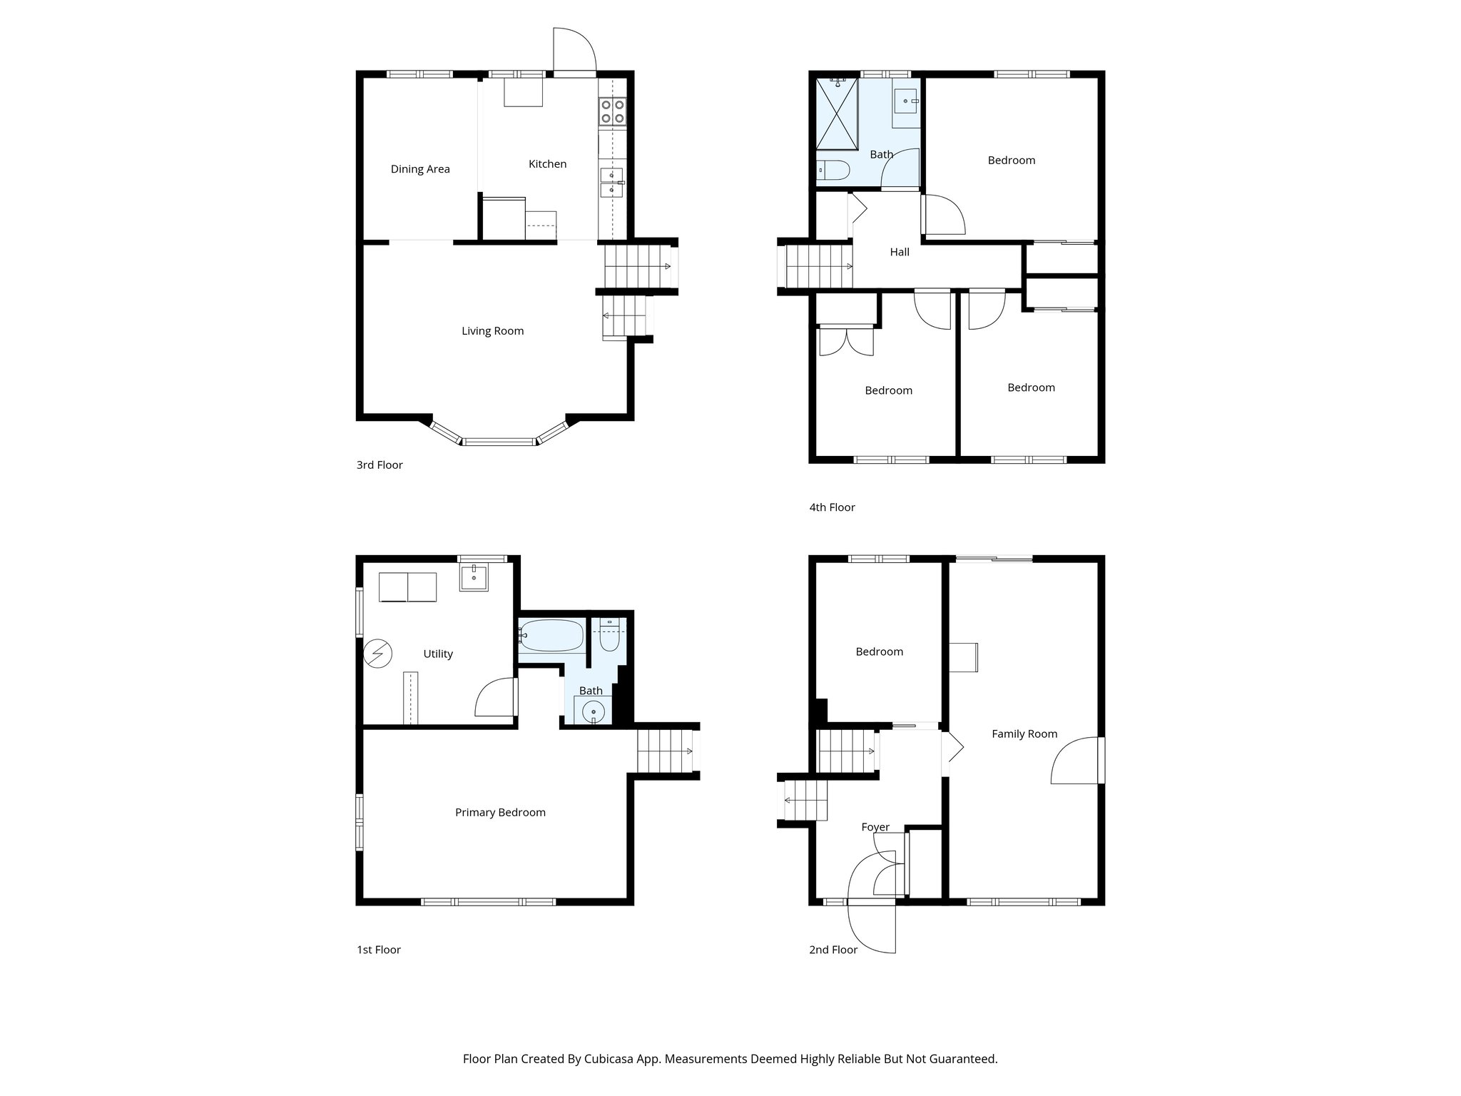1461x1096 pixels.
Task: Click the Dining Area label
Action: [x=420, y=169]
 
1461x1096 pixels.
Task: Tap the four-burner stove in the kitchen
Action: [x=613, y=112]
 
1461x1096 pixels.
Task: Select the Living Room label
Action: [x=492, y=331]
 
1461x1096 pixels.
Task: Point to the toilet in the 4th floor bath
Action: [x=833, y=171]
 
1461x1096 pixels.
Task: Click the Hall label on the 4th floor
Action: [x=900, y=252]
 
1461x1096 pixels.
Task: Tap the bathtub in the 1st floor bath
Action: [x=551, y=634]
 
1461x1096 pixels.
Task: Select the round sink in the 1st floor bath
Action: [x=593, y=711]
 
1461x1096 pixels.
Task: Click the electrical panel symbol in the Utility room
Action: [x=377, y=653]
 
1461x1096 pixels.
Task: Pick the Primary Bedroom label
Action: [x=500, y=813]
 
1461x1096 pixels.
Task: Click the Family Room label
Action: [x=1024, y=734]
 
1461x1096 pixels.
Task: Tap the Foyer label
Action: [x=875, y=828]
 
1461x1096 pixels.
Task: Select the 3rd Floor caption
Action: [x=380, y=465]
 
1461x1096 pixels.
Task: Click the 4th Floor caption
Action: [x=832, y=508]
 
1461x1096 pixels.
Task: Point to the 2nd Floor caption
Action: [x=833, y=950]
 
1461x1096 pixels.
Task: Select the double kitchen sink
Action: [x=611, y=182]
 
